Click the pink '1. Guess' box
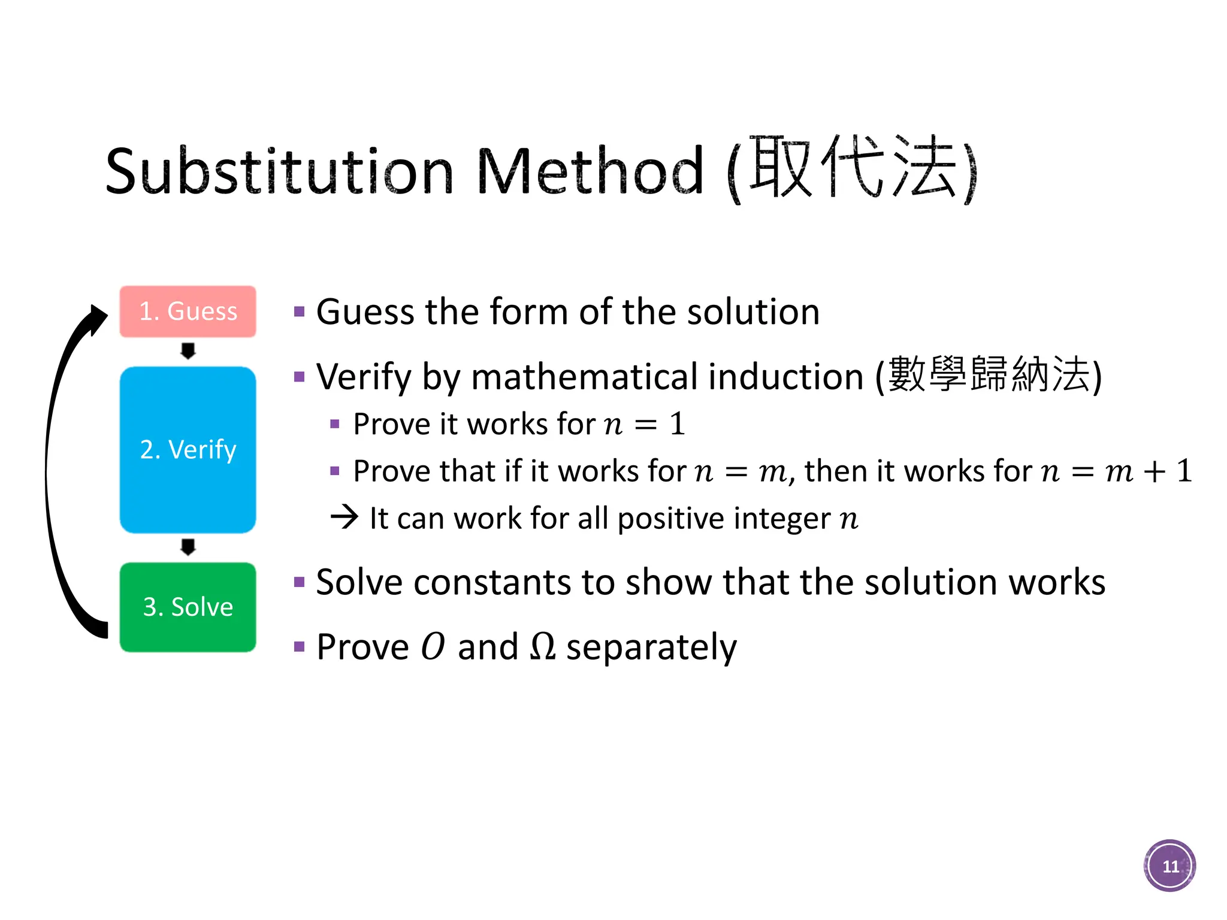188,311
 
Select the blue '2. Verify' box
188,449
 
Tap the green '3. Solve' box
188,607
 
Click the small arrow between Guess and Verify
188,351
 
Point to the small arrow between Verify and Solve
188,547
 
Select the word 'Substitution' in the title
279,172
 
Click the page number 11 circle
1169,866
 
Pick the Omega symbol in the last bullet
543,647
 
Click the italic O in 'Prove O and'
433,647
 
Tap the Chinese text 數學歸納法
989,374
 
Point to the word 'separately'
651,648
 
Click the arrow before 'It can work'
344,517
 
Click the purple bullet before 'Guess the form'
300,311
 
